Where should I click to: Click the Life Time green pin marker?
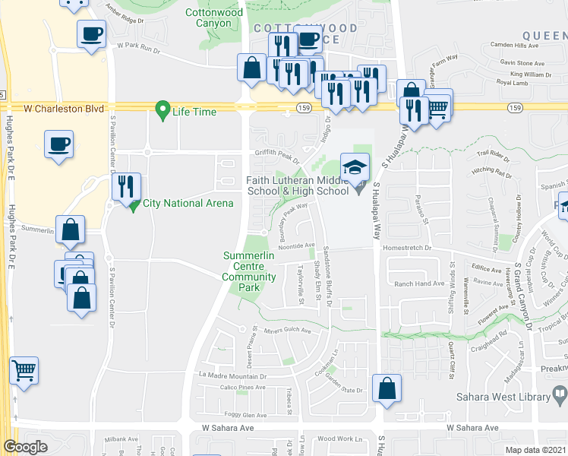[x=161, y=110]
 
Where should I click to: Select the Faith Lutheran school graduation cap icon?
[x=354, y=165]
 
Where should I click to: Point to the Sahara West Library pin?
[x=561, y=394]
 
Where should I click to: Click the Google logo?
[x=25, y=447]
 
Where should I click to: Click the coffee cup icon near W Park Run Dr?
[x=91, y=34]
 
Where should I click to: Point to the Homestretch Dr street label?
[x=407, y=248]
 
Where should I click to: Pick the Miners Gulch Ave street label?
[x=287, y=331]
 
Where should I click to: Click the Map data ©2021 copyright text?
[x=535, y=450]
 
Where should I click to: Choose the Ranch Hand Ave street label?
[x=418, y=283]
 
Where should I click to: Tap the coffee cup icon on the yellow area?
[x=59, y=144]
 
